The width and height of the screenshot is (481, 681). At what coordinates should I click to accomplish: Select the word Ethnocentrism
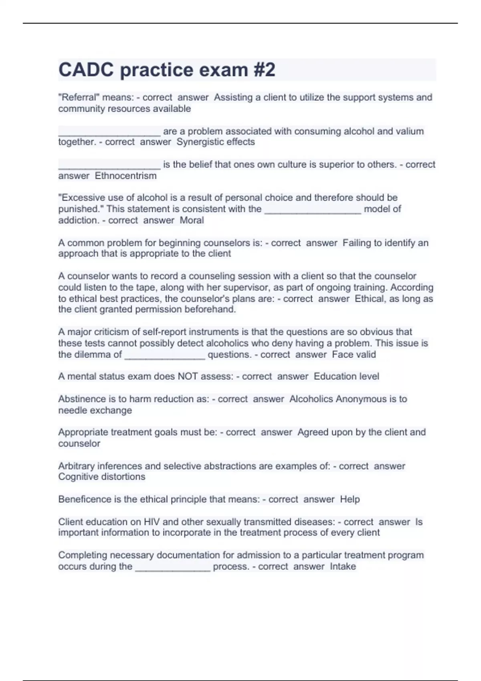point(125,176)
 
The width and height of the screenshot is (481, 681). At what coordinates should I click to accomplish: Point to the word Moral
point(192,220)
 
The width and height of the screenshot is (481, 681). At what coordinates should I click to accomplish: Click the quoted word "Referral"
point(79,97)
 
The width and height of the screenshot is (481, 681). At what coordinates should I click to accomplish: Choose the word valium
point(408,131)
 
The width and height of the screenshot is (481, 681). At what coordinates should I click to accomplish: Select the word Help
point(350,499)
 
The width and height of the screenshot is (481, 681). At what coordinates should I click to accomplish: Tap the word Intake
point(343,566)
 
